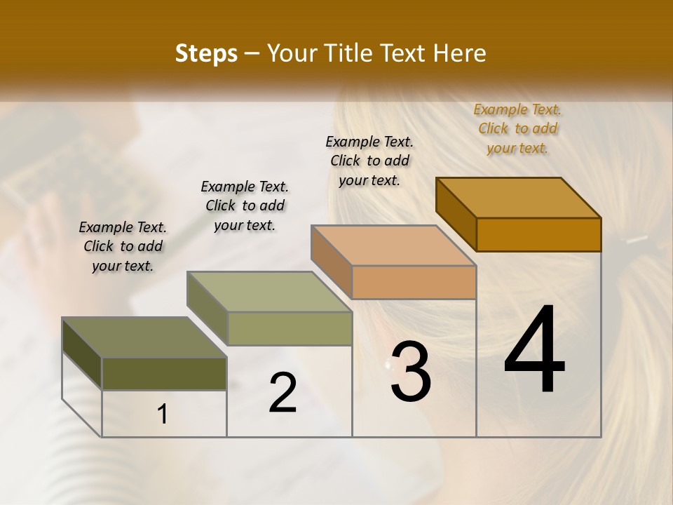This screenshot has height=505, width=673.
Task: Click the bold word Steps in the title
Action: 206,53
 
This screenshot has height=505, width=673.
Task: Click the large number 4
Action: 535,350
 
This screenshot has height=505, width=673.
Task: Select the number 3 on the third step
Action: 411,371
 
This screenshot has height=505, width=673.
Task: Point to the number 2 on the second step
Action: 283,393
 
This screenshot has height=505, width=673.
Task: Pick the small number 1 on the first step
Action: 163,415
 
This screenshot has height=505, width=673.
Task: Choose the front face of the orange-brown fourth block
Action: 538,234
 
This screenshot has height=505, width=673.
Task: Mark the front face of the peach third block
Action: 414,282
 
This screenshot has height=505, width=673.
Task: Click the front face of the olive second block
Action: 290,328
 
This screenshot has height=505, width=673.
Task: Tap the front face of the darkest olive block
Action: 164,373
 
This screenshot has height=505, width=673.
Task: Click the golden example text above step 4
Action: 517,128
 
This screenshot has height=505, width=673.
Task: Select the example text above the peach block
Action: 369,161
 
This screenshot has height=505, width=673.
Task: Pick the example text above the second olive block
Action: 245,206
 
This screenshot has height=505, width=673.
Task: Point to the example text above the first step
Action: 123,246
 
